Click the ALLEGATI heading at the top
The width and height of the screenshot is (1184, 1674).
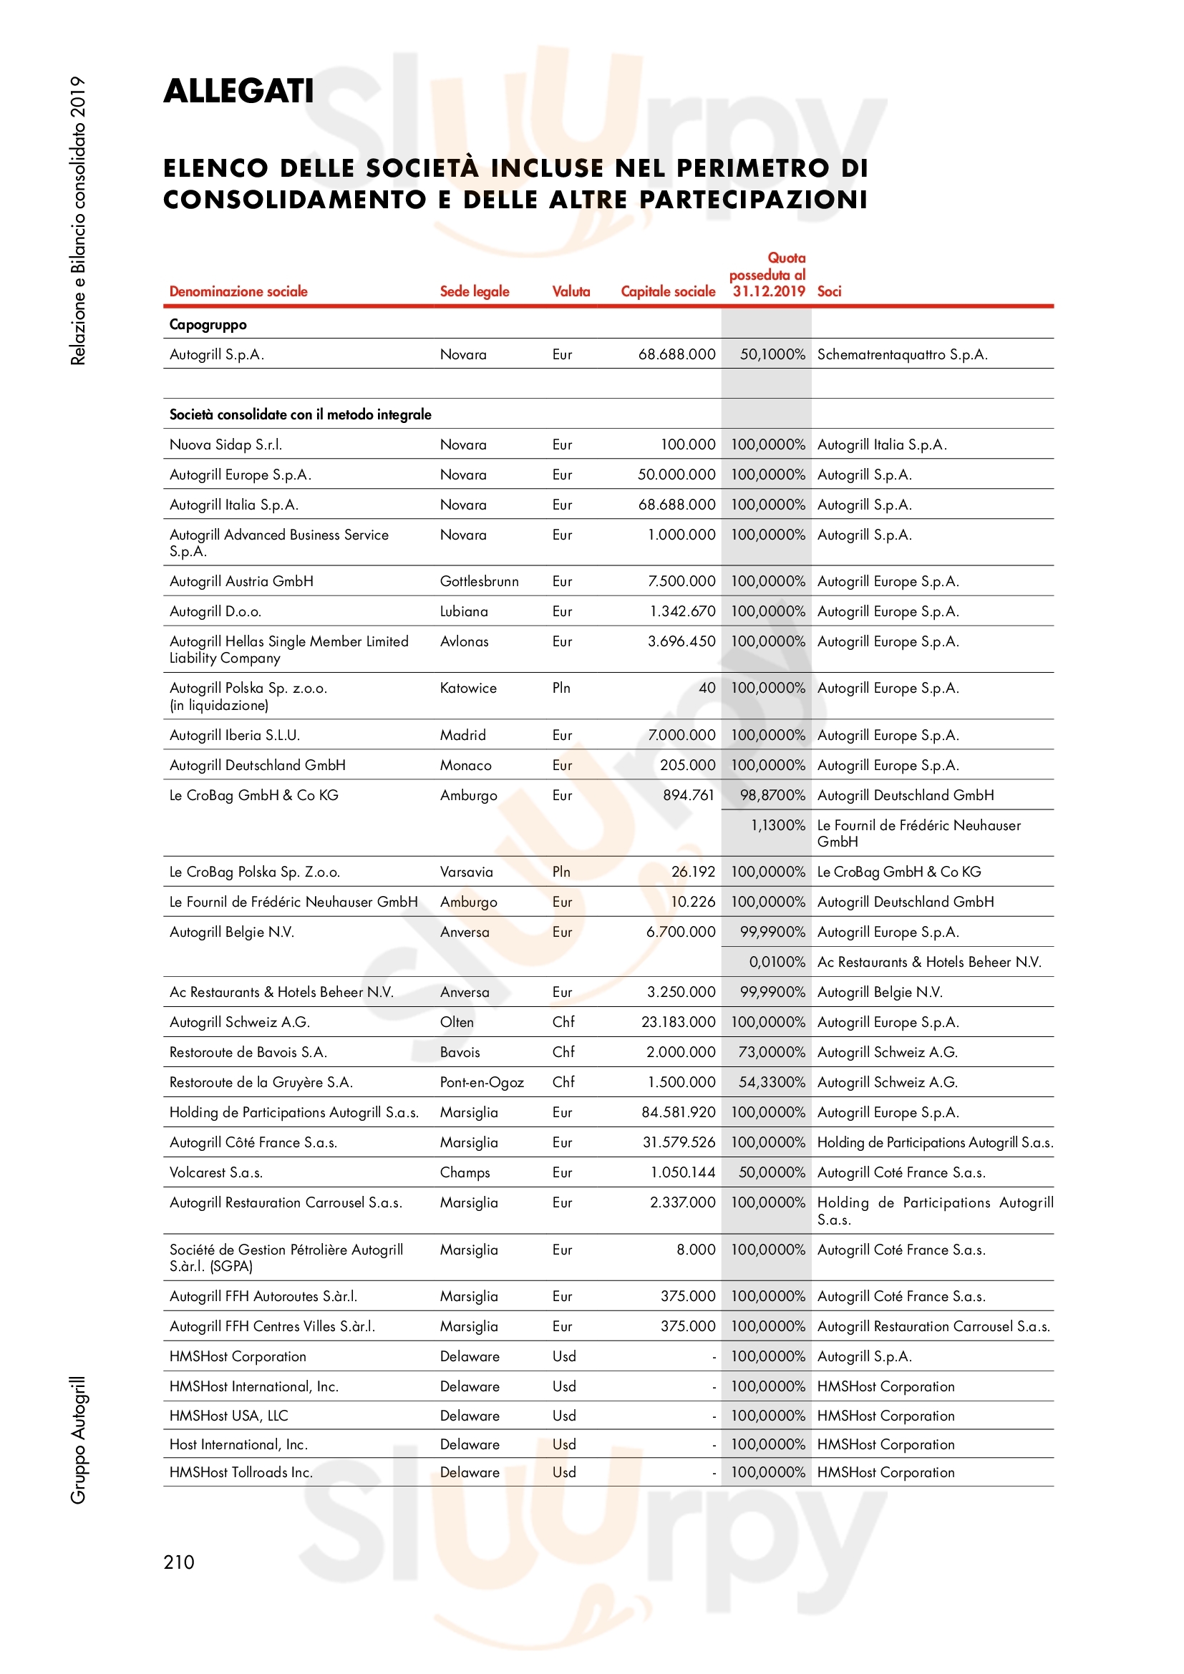point(238,91)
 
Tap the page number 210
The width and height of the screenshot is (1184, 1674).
point(179,1562)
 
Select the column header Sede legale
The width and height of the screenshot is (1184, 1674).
point(474,291)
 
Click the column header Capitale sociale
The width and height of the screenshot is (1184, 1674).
point(668,291)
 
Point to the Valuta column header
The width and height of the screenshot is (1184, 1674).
point(571,291)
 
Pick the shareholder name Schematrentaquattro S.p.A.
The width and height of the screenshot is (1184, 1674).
point(902,355)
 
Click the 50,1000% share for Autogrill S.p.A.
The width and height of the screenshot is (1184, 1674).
point(772,355)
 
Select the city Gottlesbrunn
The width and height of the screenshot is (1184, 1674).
point(479,582)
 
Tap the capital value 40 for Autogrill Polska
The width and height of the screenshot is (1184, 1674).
point(707,688)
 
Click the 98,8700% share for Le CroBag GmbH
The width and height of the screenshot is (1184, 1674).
point(772,795)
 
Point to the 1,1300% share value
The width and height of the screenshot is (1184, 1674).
point(777,825)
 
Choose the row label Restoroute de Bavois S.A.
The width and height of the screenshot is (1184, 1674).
point(248,1052)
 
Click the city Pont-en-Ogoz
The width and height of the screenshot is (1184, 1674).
point(481,1083)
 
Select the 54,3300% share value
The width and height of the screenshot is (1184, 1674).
point(772,1083)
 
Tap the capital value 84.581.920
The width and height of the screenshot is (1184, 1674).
point(678,1113)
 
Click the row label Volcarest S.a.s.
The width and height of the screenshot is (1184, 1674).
point(215,1172)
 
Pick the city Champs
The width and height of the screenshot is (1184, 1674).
point(465,1172)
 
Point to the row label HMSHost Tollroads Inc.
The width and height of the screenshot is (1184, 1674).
point(241,1472)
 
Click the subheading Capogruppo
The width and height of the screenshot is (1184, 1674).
point(208,324)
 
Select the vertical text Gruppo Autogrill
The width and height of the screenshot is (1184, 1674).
point(78,1440)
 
